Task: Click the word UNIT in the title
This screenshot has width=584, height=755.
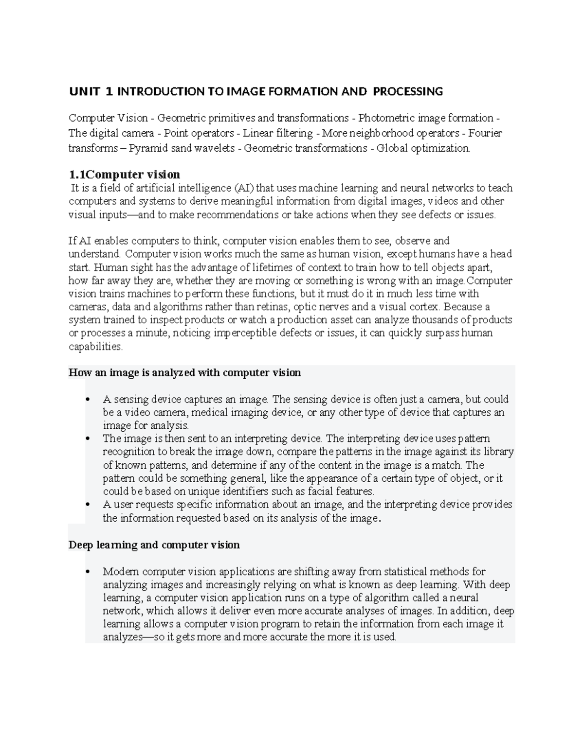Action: (x=84, y=91)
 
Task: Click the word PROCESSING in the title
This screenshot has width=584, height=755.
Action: (x=413, y=91)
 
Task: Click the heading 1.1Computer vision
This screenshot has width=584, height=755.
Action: (x=125, y=175)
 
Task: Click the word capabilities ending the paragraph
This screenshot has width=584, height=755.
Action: (x=95, y=347)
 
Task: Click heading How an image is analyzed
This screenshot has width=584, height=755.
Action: (x=185, y=373)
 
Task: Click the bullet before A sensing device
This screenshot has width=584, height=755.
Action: (x=88, y=400)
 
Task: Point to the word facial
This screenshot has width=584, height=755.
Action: (x=320, y=492)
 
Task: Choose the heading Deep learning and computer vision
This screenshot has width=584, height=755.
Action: (x=154, y=545)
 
